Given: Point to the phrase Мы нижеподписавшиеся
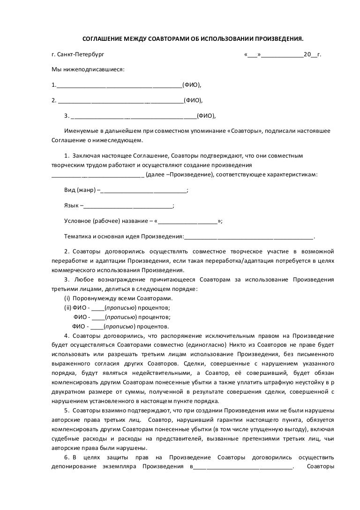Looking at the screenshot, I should (x=88, y=69).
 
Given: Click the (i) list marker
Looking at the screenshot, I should (x=67, y=298).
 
